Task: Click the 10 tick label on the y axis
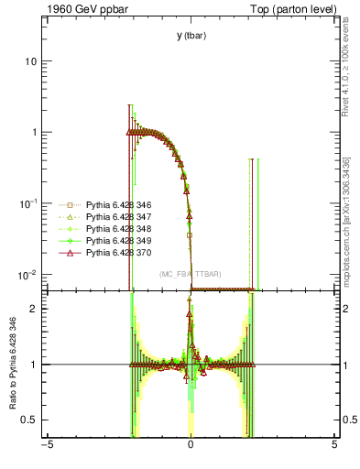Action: tap(31, 61)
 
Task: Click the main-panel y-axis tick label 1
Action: tap(34, 133)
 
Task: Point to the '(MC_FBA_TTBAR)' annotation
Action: tap(190, 274)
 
